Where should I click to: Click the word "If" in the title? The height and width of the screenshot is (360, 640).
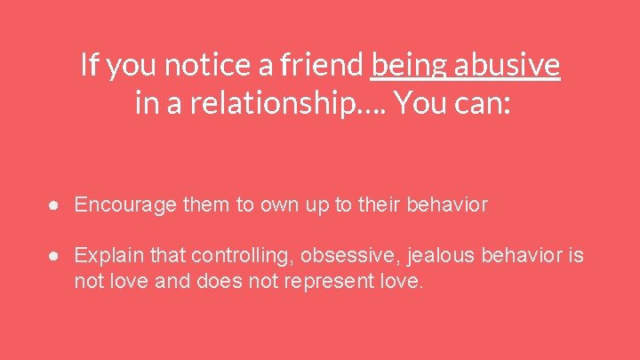[88, 65]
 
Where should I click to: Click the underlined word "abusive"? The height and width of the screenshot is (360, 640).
[508, 65]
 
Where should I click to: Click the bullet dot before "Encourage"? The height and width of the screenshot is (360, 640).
[55, 205]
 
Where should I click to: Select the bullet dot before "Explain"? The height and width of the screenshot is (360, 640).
[55, 256]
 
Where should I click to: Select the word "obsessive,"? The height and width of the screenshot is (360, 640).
[350, 256]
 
